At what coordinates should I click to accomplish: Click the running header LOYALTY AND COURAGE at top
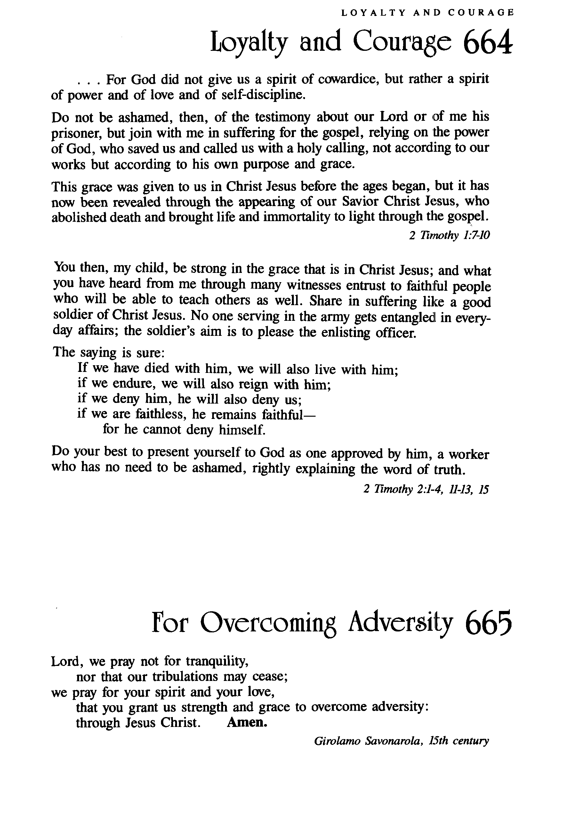(427, 13)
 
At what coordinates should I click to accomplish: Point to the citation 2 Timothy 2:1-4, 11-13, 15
(426, 489)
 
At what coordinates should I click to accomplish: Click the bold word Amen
(247, 722)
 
